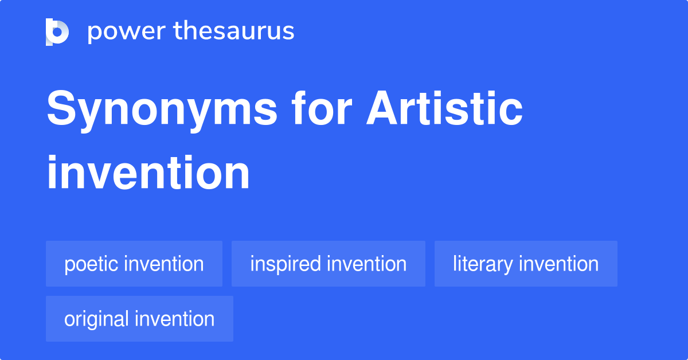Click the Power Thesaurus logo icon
[x=57, y=32]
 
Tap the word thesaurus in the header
[x=234, y=32]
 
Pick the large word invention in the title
[x=148, y=173]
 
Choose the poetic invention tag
[x=134, y=264]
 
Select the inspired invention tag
[x=329, y=264]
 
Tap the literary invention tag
[x=526, y=264]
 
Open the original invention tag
[x=139, y=319]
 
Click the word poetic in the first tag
[x=91, y=264]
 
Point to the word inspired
[x=285, y=264]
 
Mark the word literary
[x=482, y=264]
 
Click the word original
[x=96, y=319]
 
